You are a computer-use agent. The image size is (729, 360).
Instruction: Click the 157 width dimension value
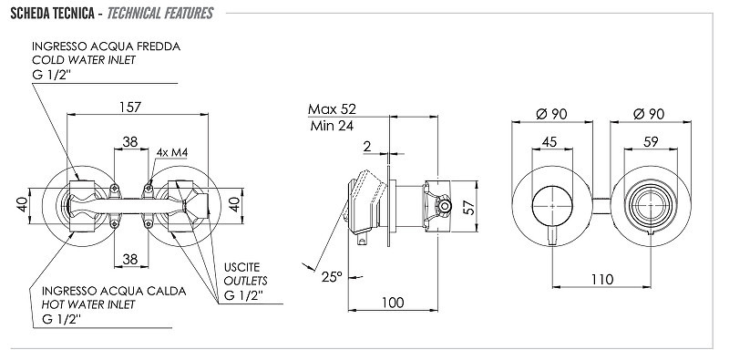tap(129, 107)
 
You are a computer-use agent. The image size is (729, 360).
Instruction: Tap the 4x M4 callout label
tap(172, 152)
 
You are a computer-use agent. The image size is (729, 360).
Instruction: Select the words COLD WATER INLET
tap(84, 60)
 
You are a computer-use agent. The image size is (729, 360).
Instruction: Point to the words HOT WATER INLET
tap(88, 304)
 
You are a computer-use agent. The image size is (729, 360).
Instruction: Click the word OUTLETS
tap(245, 281)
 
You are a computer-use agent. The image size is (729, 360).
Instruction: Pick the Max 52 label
tap(332, 109)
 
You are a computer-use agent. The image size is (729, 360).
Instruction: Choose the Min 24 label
tap(332, 126)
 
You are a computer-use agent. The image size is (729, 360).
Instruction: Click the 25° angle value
tap(332, 277)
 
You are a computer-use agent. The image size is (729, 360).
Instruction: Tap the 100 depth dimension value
tap(393, 303)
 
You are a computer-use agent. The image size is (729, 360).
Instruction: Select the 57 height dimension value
tap(470, 208)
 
